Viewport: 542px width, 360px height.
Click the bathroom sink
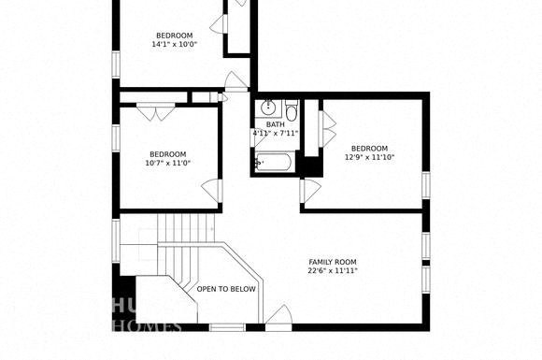pyautogui.click(x=268, y=108)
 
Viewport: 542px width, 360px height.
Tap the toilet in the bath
pyautogui.click(x=292, y=113)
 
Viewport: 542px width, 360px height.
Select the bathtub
pyautogui.click(x=276, y=164)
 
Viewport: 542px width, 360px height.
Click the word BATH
pyautogui.click(x=275, y=124)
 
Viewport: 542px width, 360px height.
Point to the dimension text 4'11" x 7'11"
pyautogui.click(x=275, y=134)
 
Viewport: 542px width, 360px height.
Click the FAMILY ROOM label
pyautogui.click(x=334, y=262)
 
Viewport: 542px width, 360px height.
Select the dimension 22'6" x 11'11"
pyautogui.click(x=334, y=271)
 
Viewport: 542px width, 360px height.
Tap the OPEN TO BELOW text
pyautogui.click(x=226, y=289)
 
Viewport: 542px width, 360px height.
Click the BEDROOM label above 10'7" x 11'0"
pyautogui.click(x=168, y=154)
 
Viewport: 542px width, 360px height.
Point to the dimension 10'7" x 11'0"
pyautogui.click(x=168, y=164)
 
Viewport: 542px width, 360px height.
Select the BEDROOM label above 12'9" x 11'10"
pyautogui.click(x=369, y=148)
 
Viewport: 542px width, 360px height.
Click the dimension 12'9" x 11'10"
pyautogui.click(x=369, y=157)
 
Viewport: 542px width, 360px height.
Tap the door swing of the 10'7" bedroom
pyautogui.click(x=212, y=191)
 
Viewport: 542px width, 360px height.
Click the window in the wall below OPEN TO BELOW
pyautogui.click(x=227, y=327)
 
